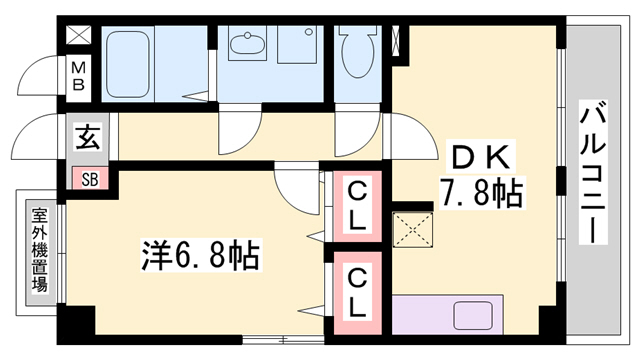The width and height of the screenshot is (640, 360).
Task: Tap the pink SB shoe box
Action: (90, 180)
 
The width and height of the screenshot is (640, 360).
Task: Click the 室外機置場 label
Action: (40, 247)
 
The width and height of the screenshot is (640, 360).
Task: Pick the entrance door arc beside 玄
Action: (40, 137)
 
